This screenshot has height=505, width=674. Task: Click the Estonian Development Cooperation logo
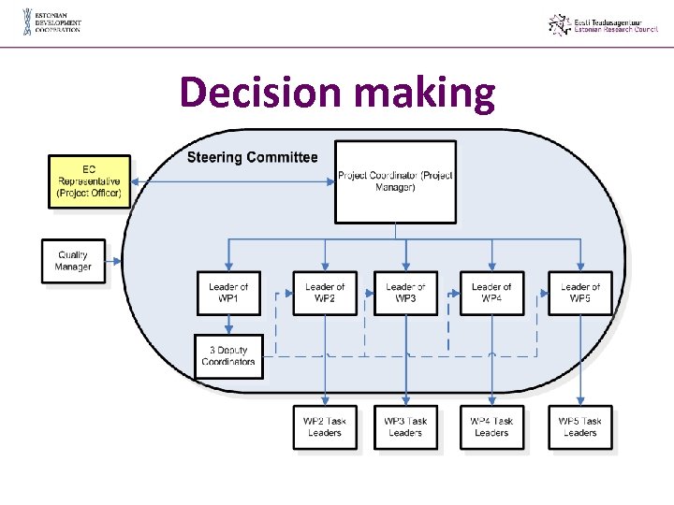tap(52, 22)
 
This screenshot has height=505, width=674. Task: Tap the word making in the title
tap(425, 94)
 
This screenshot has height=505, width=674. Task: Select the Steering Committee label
tap(252, 157)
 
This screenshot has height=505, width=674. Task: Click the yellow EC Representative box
tap(89, 181)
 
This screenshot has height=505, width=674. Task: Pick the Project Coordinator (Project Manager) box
tap(396, 181)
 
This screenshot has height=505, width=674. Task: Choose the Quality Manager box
tap(73, 261)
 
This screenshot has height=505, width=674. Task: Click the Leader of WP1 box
tap(228, 293)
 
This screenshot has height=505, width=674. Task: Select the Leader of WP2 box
tap(325, 293)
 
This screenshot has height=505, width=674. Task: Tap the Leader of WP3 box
tap(405, 293)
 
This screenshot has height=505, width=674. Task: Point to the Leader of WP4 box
tap(491, 293)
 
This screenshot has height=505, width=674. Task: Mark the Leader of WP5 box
tap(580, 293)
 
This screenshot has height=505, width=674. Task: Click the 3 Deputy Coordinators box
tap(228, 356)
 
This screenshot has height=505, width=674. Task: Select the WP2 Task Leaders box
tap(325, 427)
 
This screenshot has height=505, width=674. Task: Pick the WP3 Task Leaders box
tap(405, 427)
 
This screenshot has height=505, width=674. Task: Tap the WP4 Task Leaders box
tap(491, 427)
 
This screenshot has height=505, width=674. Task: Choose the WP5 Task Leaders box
tap(580, 427)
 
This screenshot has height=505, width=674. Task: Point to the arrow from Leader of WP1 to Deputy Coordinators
tap(228, 325)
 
